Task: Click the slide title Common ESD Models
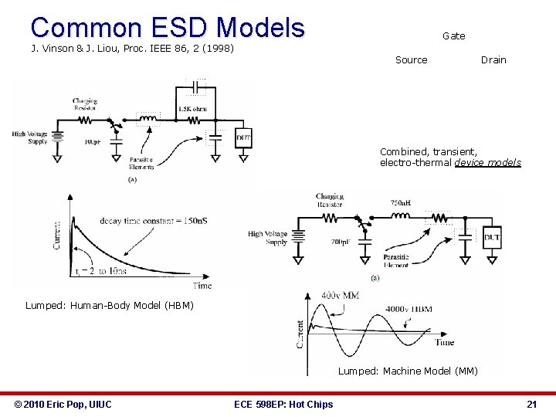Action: tap(168, 27)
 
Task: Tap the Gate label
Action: tap(453, 36)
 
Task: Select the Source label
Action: tap(411, 60)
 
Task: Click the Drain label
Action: tap(493, 60)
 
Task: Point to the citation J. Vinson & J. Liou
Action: tap(132, 49)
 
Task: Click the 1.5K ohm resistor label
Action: tap(192, 109)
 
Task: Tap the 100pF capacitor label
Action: tap(93, 143)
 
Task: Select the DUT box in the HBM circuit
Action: tap(243, 138)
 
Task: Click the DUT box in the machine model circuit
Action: tap(491, 237)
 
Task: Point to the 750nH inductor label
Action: tap(401, 203)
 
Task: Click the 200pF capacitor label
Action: tap(341, 242)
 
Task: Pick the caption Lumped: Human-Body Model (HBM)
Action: tap(110, 305)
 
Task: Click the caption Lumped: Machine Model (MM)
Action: tap(408, 371)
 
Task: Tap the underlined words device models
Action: tap(487, 163)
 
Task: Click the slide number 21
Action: tap(531, 404)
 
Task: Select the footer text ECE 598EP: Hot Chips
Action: tap(283, 404)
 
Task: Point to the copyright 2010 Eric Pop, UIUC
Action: tap(63, 404)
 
